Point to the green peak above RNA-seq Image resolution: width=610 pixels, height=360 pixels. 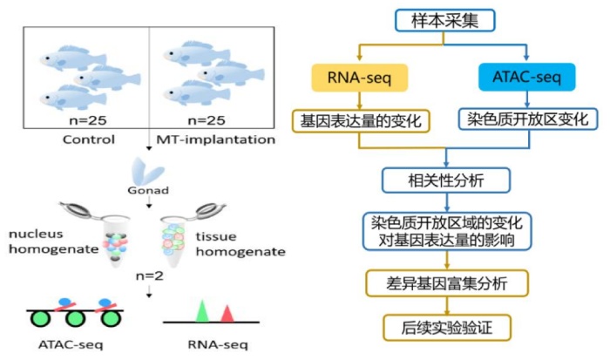point(201,311)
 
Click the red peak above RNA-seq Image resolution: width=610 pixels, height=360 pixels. point(227,312)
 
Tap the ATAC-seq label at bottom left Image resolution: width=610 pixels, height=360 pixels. point(71,344)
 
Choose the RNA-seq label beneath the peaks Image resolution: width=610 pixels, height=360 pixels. point(214,344)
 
